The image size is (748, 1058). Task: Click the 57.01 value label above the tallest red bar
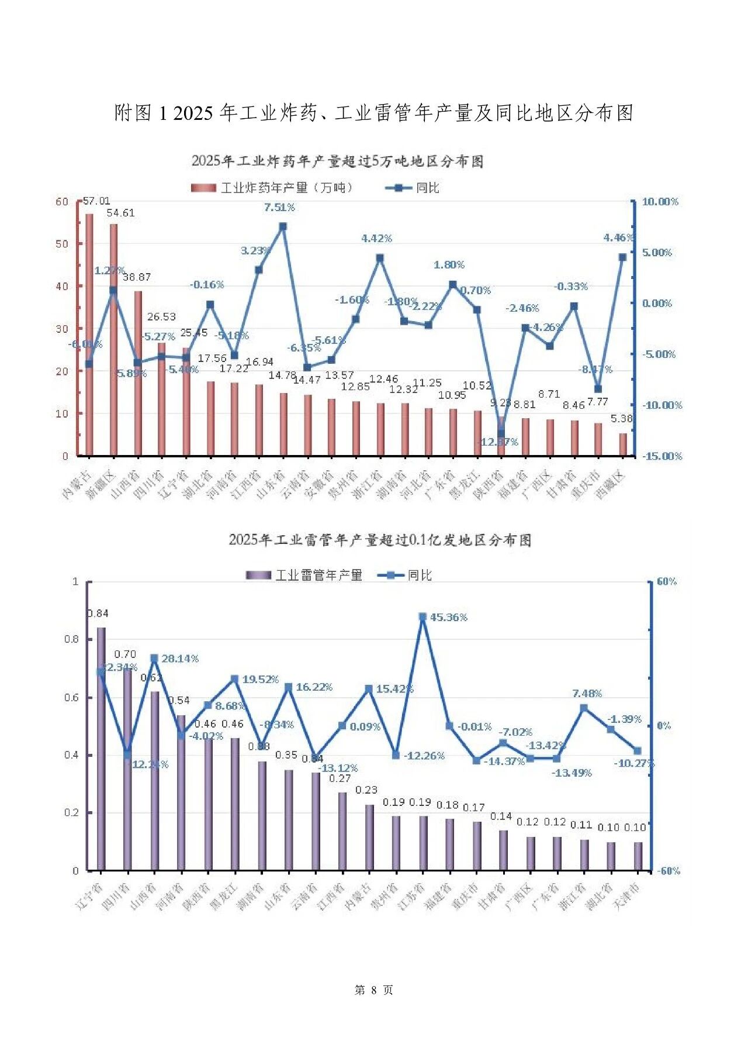click(x=96, y=201)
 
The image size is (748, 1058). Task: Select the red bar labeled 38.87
click(x=138, y=374)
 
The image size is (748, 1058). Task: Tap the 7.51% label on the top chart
click(x=279, y=208)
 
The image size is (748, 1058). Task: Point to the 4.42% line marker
click(x=380, y=258)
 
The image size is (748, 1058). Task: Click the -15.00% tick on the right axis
click(x=662, y=456)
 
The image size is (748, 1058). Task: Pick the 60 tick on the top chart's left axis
click(x=62, y=202)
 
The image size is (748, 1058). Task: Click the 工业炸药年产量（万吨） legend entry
click(x=272, y=188)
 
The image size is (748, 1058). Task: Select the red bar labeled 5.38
click(x=623, y=444)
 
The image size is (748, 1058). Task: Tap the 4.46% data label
click(x=618, y=237)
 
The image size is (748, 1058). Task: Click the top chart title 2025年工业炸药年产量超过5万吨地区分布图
click(x=338, y=161)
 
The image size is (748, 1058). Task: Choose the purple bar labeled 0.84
click(x=101, y=749)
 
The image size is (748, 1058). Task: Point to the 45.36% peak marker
click(x=423, y=617)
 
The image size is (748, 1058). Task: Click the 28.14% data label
click(x=180, y=659)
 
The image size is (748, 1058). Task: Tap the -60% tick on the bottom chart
click(x=669, y=871)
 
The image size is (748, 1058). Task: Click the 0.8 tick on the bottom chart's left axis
click(x=71, y=639)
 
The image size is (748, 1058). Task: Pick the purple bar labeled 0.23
click(x=369, y=838)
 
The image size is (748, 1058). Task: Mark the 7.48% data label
click(x=587, y=694)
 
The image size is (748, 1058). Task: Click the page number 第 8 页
click(x=374, y=990)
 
